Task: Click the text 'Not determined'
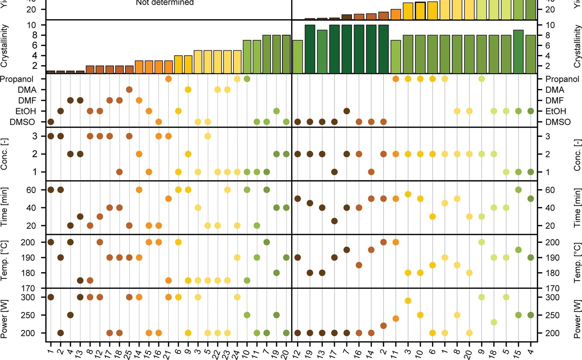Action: [x=165, y=3]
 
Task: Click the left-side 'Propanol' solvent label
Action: [x=17, y=79]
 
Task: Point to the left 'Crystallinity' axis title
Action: [x=4, y=46]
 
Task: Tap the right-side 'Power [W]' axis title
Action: [x=577, y=319]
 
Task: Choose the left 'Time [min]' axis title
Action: [x=4, y=207]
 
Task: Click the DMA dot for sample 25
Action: [x=129, y=90]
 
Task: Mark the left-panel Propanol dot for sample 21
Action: [x=168, y=79]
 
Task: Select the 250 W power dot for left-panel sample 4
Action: [x=70, y=315]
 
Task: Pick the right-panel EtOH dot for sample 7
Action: [x=347, y=111]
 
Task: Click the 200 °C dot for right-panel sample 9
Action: [x=482, y=242]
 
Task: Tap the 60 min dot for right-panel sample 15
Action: [x=518, y=190]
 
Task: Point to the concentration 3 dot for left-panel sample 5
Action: [x=208, y=136]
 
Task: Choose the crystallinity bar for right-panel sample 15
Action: [x=518, y=52]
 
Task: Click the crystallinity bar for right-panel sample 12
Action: [x=298, y=57]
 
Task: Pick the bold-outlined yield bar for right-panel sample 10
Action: [x=420, y=11]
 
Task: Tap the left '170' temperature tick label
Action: [x=28, y=288]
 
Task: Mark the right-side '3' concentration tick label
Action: [x=548, y=136]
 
